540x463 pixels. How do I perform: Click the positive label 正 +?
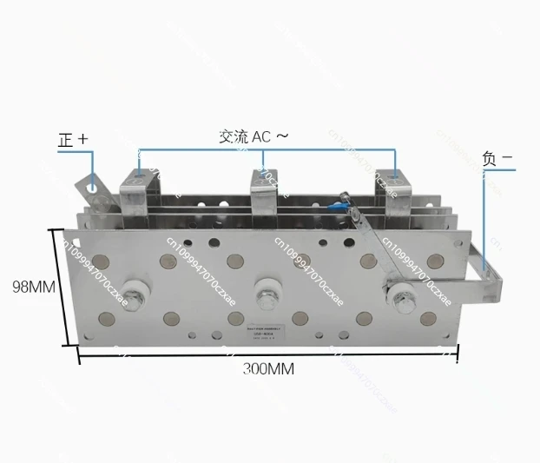pyautogui.click(x=73, y=139)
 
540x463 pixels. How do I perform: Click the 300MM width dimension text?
pyautogui.click(x=268, y=368)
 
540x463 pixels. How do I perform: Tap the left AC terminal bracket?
pyautogui.click(x=138, y=177)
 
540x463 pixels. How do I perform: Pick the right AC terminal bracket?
pyautogui.click(x=392, y=182)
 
